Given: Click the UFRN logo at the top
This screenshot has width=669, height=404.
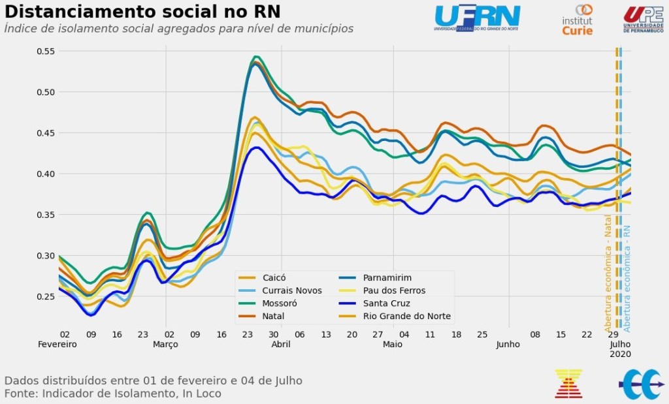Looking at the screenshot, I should point(477,18).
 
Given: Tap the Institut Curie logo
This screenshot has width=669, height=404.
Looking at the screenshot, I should point(578,20).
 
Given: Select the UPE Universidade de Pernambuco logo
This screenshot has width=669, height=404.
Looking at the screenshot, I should point(643,19).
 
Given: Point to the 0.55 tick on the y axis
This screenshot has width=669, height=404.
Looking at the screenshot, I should point(45,51).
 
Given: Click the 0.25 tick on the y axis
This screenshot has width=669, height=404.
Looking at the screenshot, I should point(45,296).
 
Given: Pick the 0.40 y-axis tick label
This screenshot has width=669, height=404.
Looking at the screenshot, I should point(45,174).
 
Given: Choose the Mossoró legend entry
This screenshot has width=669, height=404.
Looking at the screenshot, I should point(279,303).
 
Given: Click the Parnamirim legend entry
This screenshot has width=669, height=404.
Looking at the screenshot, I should point(387,277).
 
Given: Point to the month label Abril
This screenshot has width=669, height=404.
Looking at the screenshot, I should point(280,344).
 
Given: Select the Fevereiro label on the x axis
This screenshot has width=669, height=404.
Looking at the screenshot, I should point(57,344).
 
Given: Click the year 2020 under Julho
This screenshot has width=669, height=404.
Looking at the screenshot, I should point(621,354).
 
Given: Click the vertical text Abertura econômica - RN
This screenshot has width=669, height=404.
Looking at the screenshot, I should point(627,277).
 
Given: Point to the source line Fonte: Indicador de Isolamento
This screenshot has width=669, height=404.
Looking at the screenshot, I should point(112,394).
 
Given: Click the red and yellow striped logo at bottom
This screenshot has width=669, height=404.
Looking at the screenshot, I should point(568,384).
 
